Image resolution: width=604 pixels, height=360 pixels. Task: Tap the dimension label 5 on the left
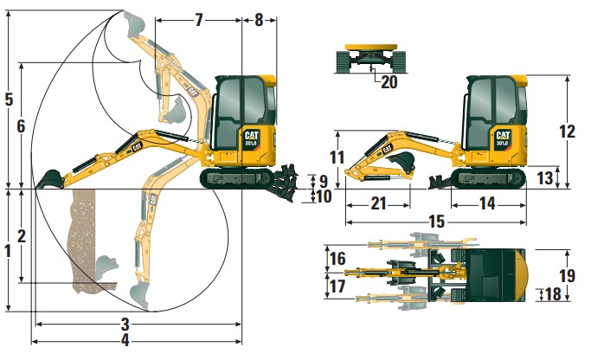point(9,99)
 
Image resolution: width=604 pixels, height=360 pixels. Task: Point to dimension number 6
point(22,126)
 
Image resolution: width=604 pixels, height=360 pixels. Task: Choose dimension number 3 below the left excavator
point(125,324)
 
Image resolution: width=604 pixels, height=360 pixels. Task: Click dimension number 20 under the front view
point(389,82)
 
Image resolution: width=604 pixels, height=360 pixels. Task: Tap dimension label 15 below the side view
point(436,222)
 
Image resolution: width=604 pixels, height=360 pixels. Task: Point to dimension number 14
point(487,204)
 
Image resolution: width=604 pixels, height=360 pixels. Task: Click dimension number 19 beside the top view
point(567,276)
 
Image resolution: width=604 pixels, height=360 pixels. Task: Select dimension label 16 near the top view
point(337,259)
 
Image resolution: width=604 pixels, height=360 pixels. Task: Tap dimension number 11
point(337,157)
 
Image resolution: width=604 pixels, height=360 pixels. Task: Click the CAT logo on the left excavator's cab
point(252,136)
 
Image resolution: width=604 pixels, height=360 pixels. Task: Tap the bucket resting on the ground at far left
point(48,179)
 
